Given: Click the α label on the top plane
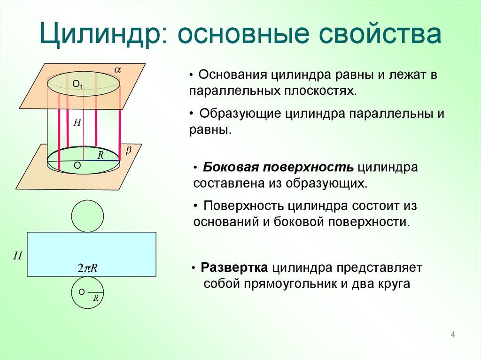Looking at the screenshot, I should (117, 70).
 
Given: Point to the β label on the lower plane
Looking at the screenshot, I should (128, 150).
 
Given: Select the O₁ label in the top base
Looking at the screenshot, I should (78, 85).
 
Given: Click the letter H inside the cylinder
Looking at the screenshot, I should (78, 123).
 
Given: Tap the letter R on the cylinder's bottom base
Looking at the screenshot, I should (101, 155).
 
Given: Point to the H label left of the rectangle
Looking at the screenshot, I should (18, 256).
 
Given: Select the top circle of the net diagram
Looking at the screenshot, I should (87, 216).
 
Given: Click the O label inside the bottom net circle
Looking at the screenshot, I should (81, 291).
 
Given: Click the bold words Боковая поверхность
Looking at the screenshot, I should (279, 168).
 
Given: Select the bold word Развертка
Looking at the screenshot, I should (234, 268).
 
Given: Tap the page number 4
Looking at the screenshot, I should (453, 335).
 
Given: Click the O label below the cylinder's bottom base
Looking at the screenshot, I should (77, 166).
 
